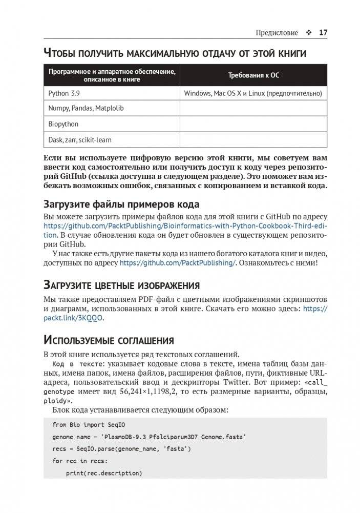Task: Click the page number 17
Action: (x=323, y=33)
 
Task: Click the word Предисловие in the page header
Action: (x=277, y=33)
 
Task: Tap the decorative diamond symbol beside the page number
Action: (x=309, y=33)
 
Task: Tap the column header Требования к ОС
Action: (x=253, y=75)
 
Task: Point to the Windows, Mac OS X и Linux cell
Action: (x=253, y=93)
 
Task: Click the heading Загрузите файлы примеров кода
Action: (x=121, y=204)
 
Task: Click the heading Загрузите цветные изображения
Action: (x=121, y=285)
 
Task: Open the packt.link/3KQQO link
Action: (x=73, y=318)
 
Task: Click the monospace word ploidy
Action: (x=56, y=401)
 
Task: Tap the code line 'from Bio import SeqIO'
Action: (x=89, y=425)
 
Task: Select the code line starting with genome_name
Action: (x=149, y=437)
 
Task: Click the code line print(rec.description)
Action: (x=104, y=473)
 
